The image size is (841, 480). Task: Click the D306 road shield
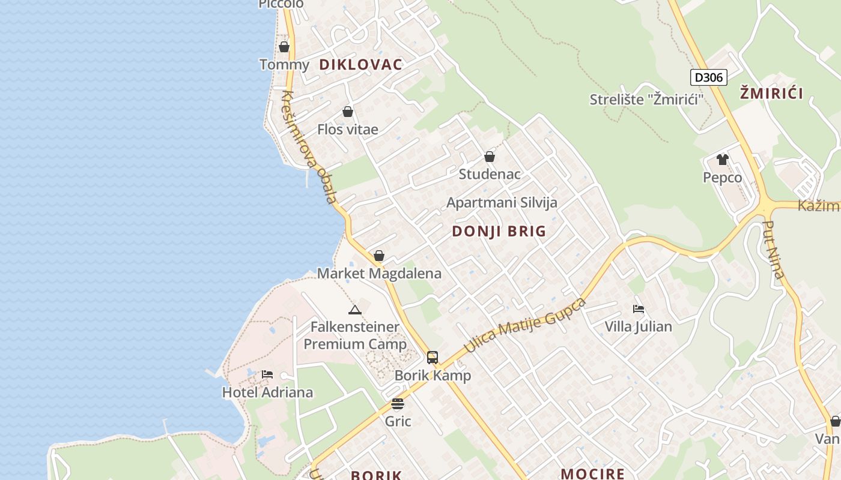pos(709,77)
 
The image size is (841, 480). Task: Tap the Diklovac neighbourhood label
pos(360,65)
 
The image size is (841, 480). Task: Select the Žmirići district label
pos(771,93)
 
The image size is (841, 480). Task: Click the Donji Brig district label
pos(499,231)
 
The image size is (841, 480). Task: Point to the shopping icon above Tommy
pos(284,47)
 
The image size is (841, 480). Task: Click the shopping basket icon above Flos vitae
pos(347,112)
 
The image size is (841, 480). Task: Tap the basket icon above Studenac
pos(490,157)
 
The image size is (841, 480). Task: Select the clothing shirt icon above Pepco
pos(722,160)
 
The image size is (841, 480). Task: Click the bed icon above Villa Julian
pos(639,309)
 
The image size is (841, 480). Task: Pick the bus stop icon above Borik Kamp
pos(433,358)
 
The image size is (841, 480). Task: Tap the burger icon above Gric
pos(398,403)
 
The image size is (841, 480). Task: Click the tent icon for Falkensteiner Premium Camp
pos(355,310)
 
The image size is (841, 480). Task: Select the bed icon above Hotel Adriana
pos(267,374)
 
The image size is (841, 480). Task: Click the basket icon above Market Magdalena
pos(379,256)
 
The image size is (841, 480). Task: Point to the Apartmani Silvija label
pos(502,203)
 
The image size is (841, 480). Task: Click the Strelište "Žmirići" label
pos(646,100)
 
